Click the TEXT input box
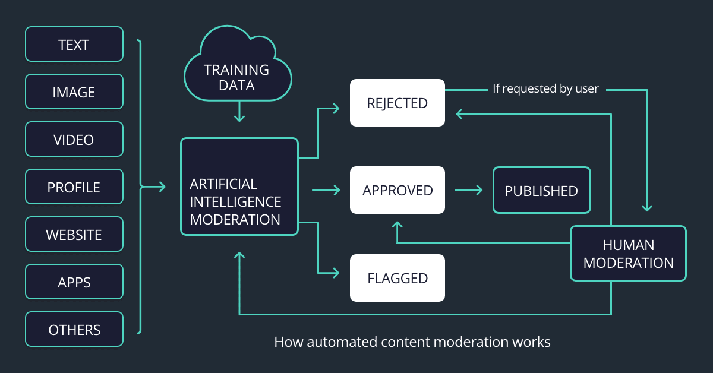pos(74,45)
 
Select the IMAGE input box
pos(74,92)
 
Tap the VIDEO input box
pos(74,140)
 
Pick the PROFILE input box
pos(74,187)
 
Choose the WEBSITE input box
pos(74,235)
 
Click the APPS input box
pos(74,282)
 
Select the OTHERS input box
pos(74,330)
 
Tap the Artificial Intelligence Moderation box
pos(239,187)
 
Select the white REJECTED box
pos(397,103)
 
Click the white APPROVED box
pos(397,190)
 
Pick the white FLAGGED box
pos(397,278)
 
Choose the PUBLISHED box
pos(541,191)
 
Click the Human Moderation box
pos(628,254)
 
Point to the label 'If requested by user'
pos(545,89)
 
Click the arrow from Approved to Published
pos(469,190)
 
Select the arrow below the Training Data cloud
pos(239,112)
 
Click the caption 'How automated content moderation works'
pos(412,342)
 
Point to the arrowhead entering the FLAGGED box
pos(335,273)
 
